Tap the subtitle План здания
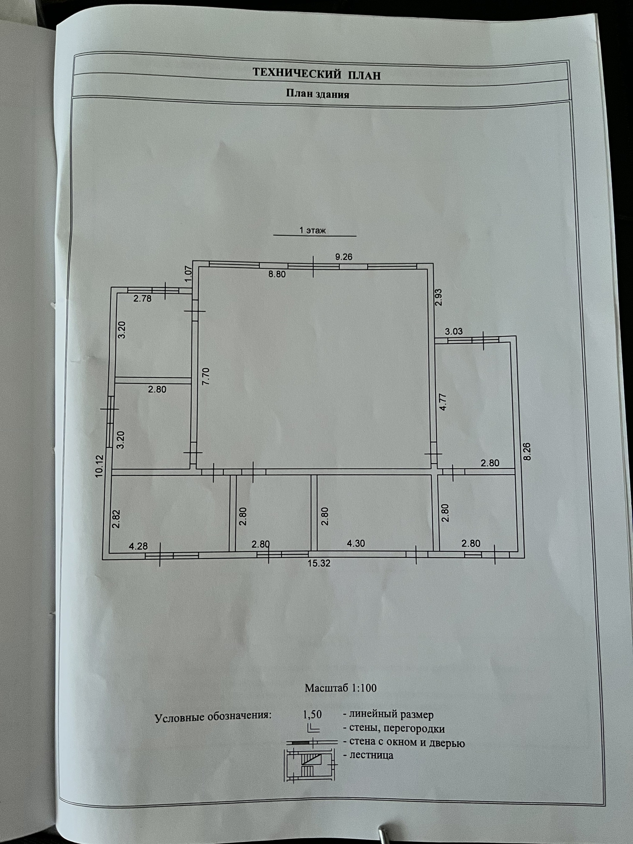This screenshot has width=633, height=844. pyautogui.click(x=317, y=94)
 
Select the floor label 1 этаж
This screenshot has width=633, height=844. pyautogui.click(x=312, y=230)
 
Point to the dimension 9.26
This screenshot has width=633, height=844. pyautogui.click(x=344, y=257)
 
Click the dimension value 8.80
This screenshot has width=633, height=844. pyautogui.click(x=277, y=274)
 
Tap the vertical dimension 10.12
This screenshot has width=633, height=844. pyautogui.click(x=100, y=466)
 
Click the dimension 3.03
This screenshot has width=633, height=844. pyautogui.click(x=454, y=331)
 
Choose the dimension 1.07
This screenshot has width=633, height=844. pyautogui.click(x=188, y=274)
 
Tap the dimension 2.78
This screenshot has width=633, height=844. pyautogui.click(x=142, y=299)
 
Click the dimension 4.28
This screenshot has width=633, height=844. pyautogui.click(x=138, y=546)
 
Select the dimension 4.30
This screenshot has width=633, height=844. pyautogui.click(x=356, y=543)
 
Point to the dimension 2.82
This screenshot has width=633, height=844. pyautogui.click(x=116, y=519)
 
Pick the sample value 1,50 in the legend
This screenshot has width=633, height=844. pyautogui.click(x=312, y=714)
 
